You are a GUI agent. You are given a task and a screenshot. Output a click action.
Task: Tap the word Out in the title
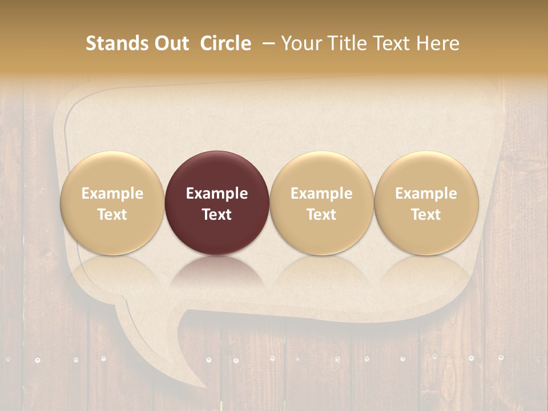click(x=170, y=43)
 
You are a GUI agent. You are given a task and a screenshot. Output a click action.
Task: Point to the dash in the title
click(x=267, y=43)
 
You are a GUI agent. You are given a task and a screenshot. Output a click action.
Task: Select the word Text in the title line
click(x=391, y=43)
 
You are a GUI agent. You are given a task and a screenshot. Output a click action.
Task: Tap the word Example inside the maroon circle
click(x=217, y=194)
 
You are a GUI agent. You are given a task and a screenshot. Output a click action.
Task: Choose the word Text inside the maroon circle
click(x=217, y=215)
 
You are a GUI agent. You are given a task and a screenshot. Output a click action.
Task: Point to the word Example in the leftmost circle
click(x=112, y=194)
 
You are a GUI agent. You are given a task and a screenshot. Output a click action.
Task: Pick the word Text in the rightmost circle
click(x=426, y=215)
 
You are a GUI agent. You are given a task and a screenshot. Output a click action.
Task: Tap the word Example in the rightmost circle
click(x=426, y=194)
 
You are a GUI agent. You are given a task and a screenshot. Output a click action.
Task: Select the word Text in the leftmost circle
click(x=112, y=215)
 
